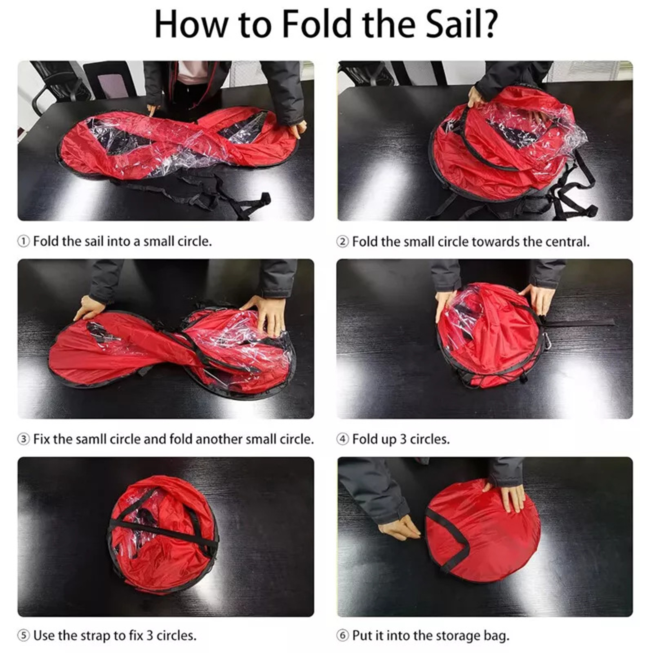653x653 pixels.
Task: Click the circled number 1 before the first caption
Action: [x=23, y=242]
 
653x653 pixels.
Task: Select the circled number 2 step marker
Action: [x=342, y=242]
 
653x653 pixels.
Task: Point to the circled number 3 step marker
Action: [x=23, y=440]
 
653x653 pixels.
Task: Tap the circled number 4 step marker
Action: [x=342, y=440]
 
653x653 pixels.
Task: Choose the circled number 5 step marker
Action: [x=23, y=635]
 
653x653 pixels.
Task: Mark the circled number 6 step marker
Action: [x=342, y=635]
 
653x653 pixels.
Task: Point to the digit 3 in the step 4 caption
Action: [x=403, y=439]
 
